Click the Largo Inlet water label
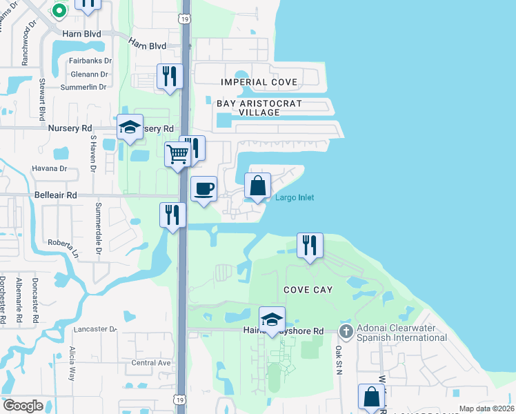[295, 198]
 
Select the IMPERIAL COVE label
[259, 82]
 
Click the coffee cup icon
[204, 189]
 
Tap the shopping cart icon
[177, 155]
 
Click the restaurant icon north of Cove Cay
[310, 245]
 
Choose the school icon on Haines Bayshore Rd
[272, 319]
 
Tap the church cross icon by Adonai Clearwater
[346, 332]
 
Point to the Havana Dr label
[49, 168]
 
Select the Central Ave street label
[150, 363]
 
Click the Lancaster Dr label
[95, 330]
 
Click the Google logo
[23, 406]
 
